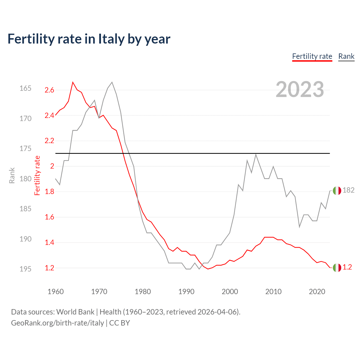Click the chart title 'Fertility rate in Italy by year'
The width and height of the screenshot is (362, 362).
coord(89,39)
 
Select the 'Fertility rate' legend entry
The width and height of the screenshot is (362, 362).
coord(312,56)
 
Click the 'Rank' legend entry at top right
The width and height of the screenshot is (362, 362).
coord(346,56)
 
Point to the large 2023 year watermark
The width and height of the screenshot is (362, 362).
coord(300,89)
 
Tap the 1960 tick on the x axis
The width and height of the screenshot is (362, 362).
coord(56,292)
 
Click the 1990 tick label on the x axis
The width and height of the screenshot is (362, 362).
coord(186,292)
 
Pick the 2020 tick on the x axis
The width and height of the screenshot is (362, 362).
coord(317,292)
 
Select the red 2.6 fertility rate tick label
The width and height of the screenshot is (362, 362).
coord(49,90)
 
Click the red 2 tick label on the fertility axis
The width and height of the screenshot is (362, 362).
coord(52,166)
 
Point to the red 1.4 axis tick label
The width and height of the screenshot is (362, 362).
coord(49,243)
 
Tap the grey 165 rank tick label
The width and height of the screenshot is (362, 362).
coord(25,89)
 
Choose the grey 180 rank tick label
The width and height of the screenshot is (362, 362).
coord(25,179)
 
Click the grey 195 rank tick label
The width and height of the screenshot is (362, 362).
coord(25,269)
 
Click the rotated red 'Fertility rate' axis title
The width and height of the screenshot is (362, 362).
coord(37,175)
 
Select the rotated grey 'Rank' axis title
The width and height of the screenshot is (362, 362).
coord(12,175)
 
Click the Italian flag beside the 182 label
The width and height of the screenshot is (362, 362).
coord(337,191)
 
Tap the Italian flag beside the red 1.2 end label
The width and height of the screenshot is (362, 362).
coord(337,268)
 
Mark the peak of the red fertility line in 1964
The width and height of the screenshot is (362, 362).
coord(73,82)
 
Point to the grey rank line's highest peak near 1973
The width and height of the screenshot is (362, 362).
coord(112,82)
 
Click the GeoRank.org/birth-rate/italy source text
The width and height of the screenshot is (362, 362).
coord(57,323)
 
